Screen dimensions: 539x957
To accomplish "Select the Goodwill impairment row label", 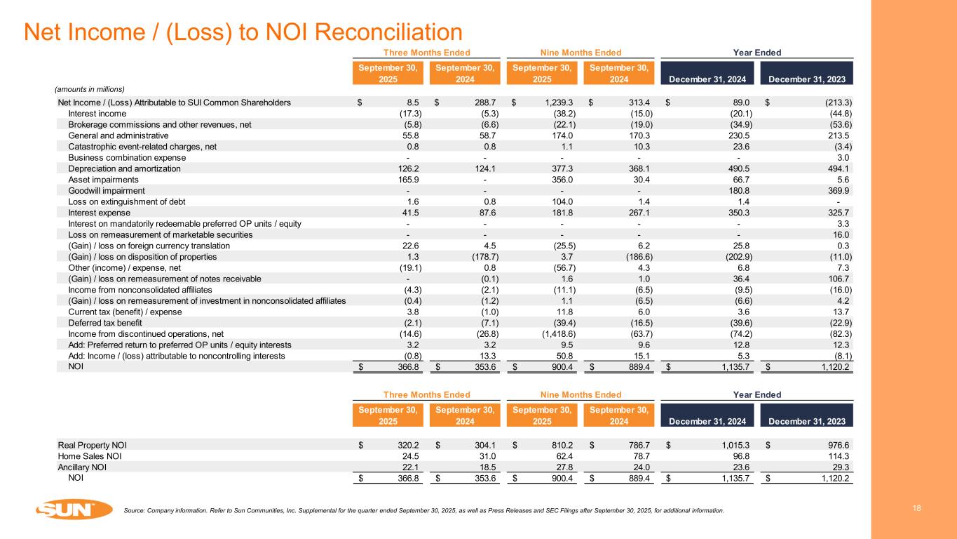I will pyautogui.click(x=107, y=191).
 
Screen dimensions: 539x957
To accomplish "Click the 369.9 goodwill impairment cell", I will pyautogui.click(x=838, y=191).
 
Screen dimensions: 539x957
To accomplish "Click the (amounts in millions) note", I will pyautogui.click(x=90, y=89).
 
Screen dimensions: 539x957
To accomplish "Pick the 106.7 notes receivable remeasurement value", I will pyautogui.click(x=839, y=279).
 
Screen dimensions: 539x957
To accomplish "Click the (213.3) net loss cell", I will pyautogui.click(x=834, y=102).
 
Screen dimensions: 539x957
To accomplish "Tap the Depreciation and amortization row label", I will pyautogui.click(x=124, y=169).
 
